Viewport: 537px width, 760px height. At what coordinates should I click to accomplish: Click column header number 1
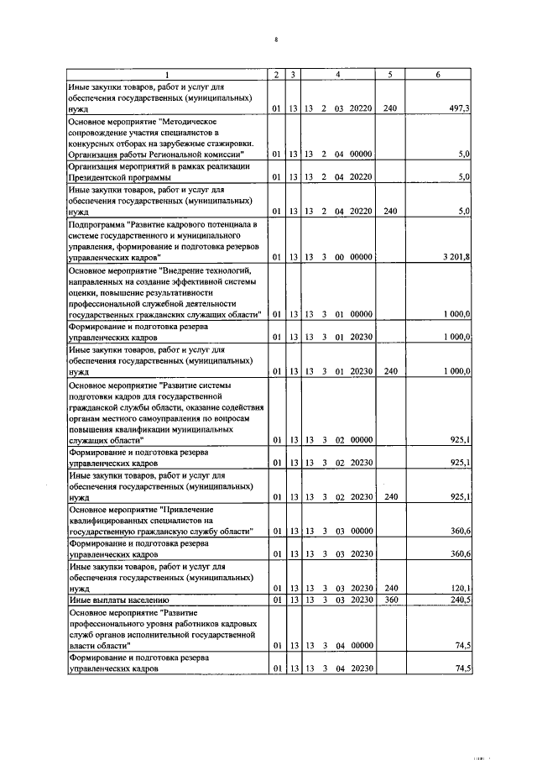(x=166, y=76)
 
